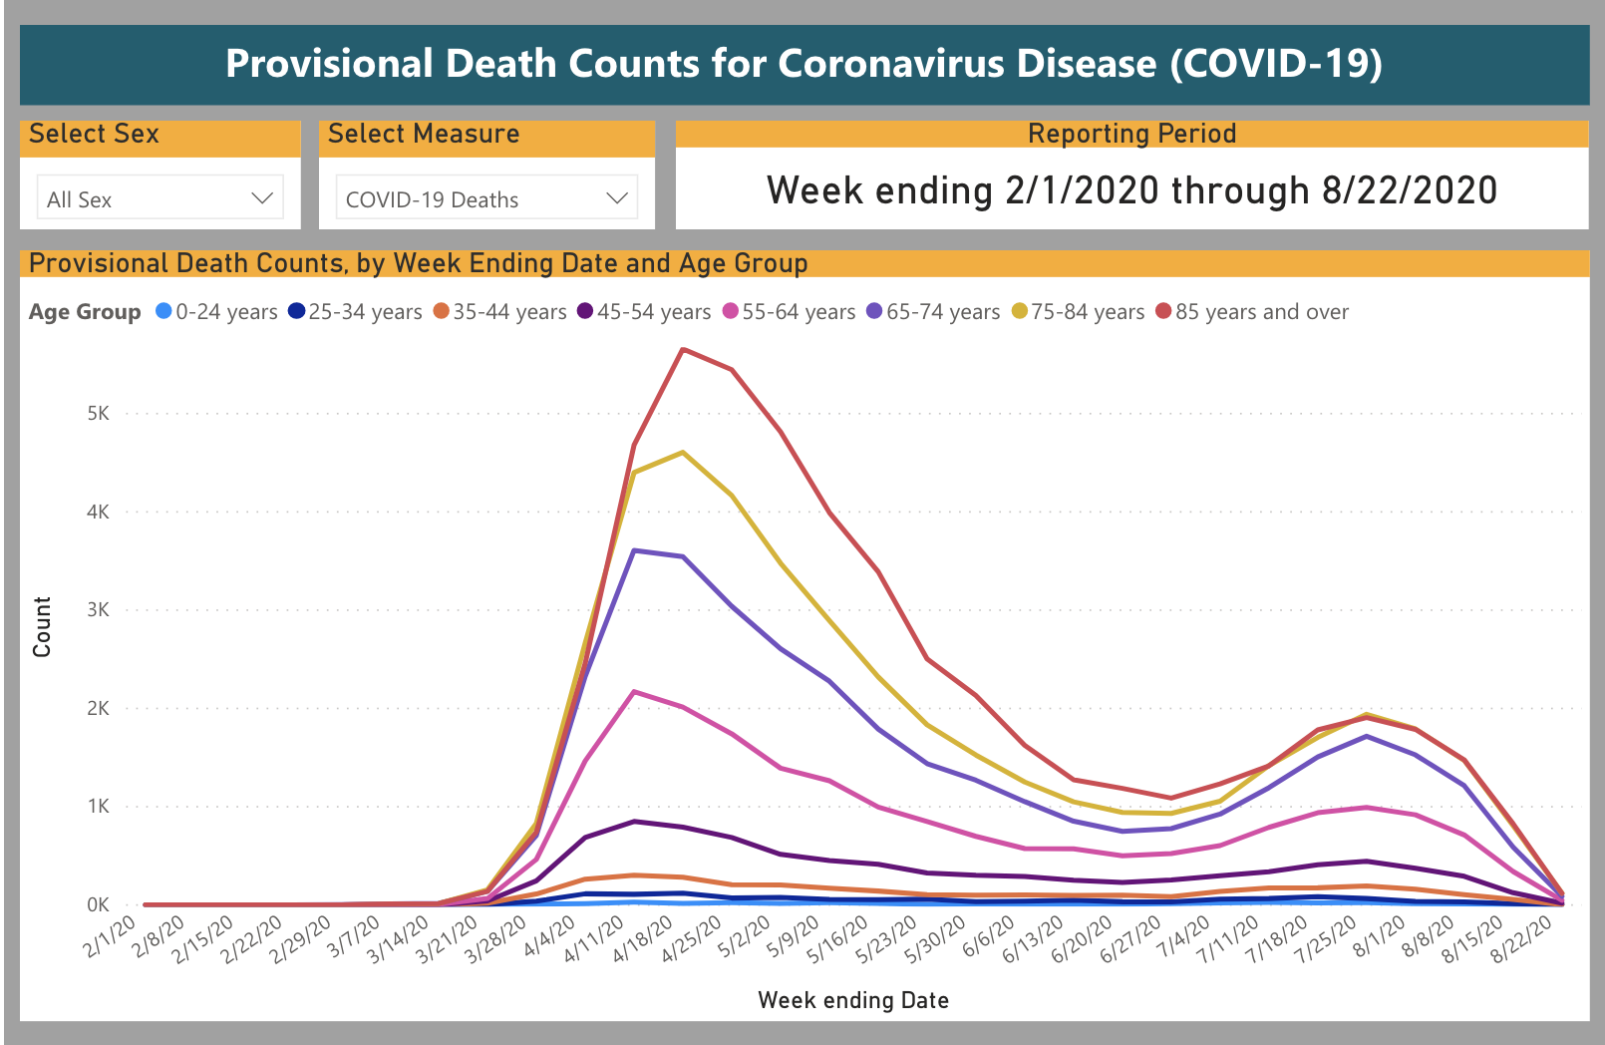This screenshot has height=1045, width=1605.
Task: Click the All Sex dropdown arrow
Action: [262, 198]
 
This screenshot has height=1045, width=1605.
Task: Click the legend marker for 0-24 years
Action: [164, 311]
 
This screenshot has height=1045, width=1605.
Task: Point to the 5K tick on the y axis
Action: [98, 413]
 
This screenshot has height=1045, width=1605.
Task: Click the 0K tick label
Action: [98, 904]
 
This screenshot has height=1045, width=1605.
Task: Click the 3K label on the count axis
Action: [98, 609]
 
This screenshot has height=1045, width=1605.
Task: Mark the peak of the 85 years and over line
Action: [683, 349]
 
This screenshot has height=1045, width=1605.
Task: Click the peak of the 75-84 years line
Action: [683, 453]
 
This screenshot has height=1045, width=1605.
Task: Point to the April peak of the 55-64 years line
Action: [635, 691]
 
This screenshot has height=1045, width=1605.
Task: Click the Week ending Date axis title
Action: [853, 1000]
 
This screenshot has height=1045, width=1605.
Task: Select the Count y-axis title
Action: [42, 627]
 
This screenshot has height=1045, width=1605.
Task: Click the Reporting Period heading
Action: [1131, 134]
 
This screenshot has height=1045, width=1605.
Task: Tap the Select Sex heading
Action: [94, 134]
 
